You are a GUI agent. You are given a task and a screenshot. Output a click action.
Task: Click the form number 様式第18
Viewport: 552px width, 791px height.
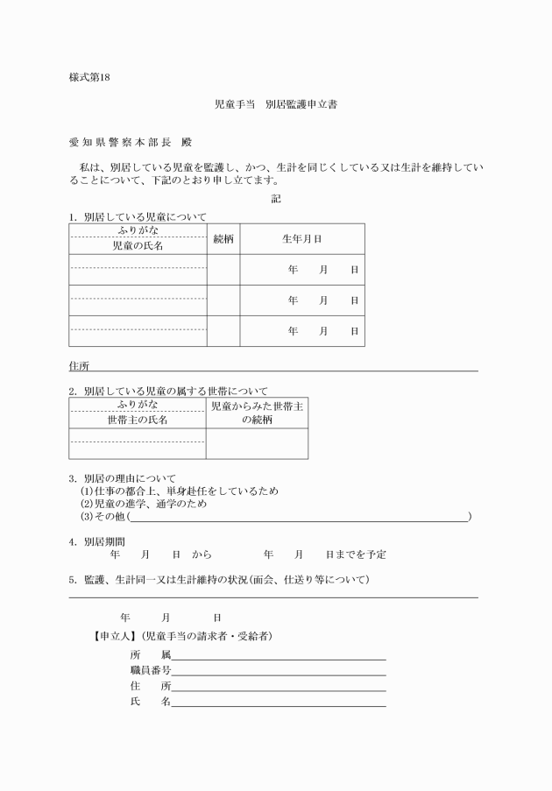point(89,77)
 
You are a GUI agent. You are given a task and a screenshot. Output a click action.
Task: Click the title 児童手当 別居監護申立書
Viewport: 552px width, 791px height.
point(276,104)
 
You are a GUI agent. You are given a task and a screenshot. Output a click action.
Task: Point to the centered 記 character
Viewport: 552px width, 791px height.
point(276,199)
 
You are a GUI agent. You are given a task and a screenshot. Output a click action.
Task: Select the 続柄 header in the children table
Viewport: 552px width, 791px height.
point(223,238)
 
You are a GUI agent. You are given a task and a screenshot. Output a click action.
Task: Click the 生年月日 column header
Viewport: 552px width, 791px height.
point(301,238)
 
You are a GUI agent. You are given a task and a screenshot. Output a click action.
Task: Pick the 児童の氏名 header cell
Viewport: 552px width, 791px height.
point(138,246)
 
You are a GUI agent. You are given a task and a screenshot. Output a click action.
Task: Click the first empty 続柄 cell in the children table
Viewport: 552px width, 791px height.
point(223,270)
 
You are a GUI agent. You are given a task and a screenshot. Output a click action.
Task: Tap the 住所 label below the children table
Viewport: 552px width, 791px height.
point(79,365)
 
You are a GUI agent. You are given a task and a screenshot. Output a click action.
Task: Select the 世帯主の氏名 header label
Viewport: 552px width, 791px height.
point(138,420)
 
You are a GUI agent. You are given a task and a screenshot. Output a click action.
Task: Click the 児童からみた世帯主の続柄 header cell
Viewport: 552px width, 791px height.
point(257,413)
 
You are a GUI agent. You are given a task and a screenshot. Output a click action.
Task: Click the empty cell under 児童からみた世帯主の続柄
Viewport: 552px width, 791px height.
point(257,443)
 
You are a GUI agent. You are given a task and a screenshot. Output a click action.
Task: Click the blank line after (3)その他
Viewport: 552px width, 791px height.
point(298,517)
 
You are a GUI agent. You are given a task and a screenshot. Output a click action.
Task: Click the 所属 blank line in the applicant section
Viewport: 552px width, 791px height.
point(279,654)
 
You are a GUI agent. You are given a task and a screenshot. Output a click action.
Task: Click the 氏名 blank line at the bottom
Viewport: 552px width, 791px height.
point(279,702)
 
